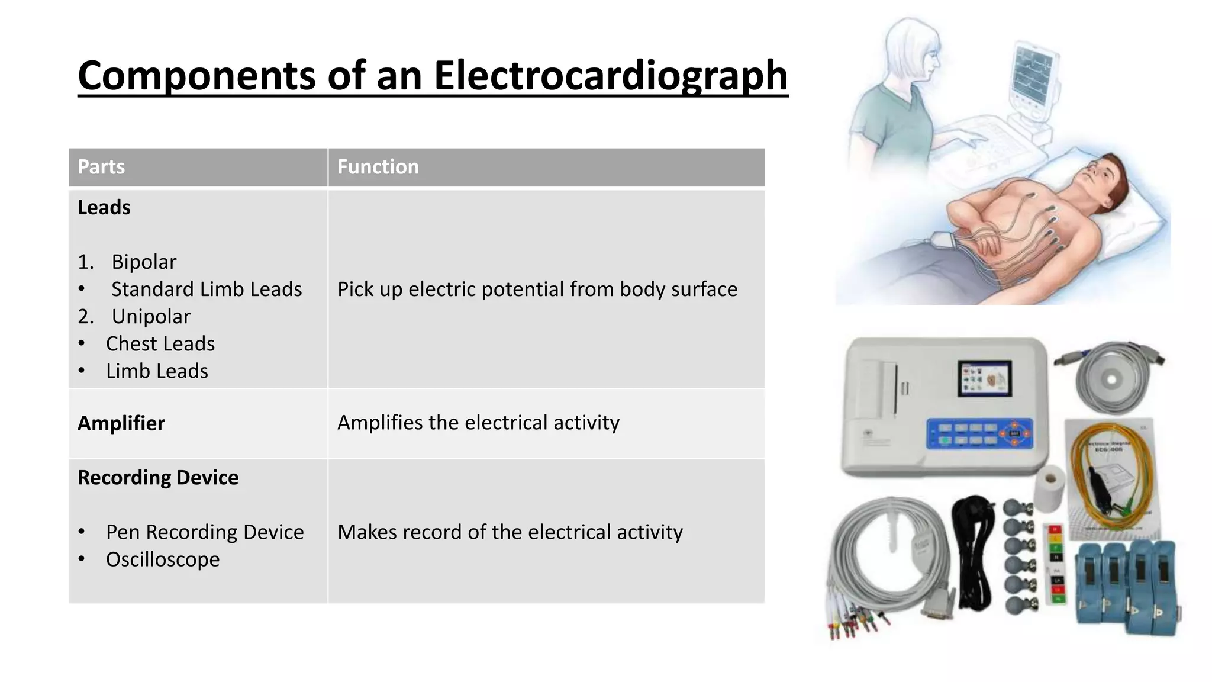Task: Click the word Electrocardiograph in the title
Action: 610,76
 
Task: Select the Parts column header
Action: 101,167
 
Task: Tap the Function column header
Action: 378,167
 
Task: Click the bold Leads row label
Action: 104,208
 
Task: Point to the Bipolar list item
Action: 144,262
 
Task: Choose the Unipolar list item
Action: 151,317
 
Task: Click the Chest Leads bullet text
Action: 160,344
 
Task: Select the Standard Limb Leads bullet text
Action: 207,289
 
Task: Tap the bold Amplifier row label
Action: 121,423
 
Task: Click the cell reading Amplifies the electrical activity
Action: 478,423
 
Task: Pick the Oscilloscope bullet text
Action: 163,559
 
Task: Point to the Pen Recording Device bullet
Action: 205,532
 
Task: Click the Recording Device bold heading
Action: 158,478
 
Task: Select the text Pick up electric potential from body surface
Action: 537,289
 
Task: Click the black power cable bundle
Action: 975,548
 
